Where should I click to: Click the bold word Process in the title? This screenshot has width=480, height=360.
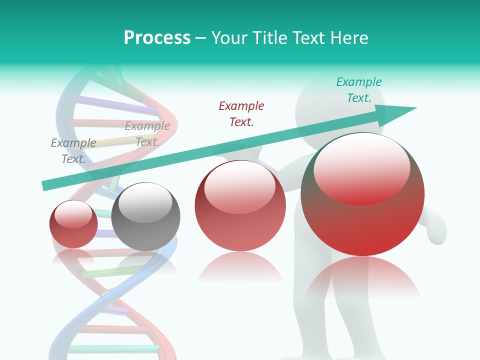pos(157,38)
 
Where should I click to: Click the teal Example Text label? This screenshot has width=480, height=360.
pos(359,90)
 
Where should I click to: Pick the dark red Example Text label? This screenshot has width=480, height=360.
pos(241,114)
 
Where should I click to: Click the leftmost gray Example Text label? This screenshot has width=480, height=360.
pos(73,151)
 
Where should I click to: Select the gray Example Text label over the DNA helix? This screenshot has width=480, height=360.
pos(147,134)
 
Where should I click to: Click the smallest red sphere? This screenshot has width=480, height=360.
pos(73,224)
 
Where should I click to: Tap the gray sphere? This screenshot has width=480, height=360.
pos(145,217)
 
